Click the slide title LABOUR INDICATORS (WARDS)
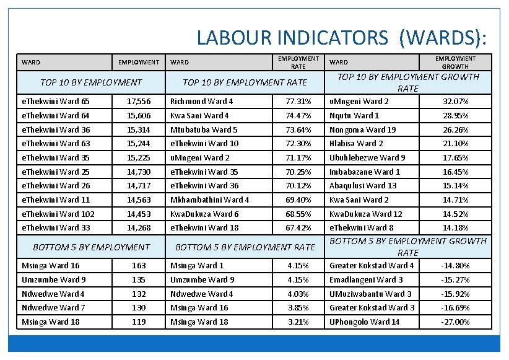tap(342, 37)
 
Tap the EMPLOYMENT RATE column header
tap(298, 62)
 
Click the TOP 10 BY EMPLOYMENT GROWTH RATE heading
tap(408, 82)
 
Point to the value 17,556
tap(139, 102)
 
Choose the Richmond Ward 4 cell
tap(202, 102)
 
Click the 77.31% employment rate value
tap(298, 102)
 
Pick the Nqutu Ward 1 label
tap(354, 116)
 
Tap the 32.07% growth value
tap(455, 102)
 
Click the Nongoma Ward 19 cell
tap(363, 130)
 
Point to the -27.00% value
tap(455, 322)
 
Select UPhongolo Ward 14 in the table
tap(365, 322)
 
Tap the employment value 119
tap(139, 322)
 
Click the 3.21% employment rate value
tap(298, 322)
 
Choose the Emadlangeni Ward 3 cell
tap(366, 280)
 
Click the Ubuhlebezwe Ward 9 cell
tap(368, 158)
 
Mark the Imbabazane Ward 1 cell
tap(365, 172)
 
